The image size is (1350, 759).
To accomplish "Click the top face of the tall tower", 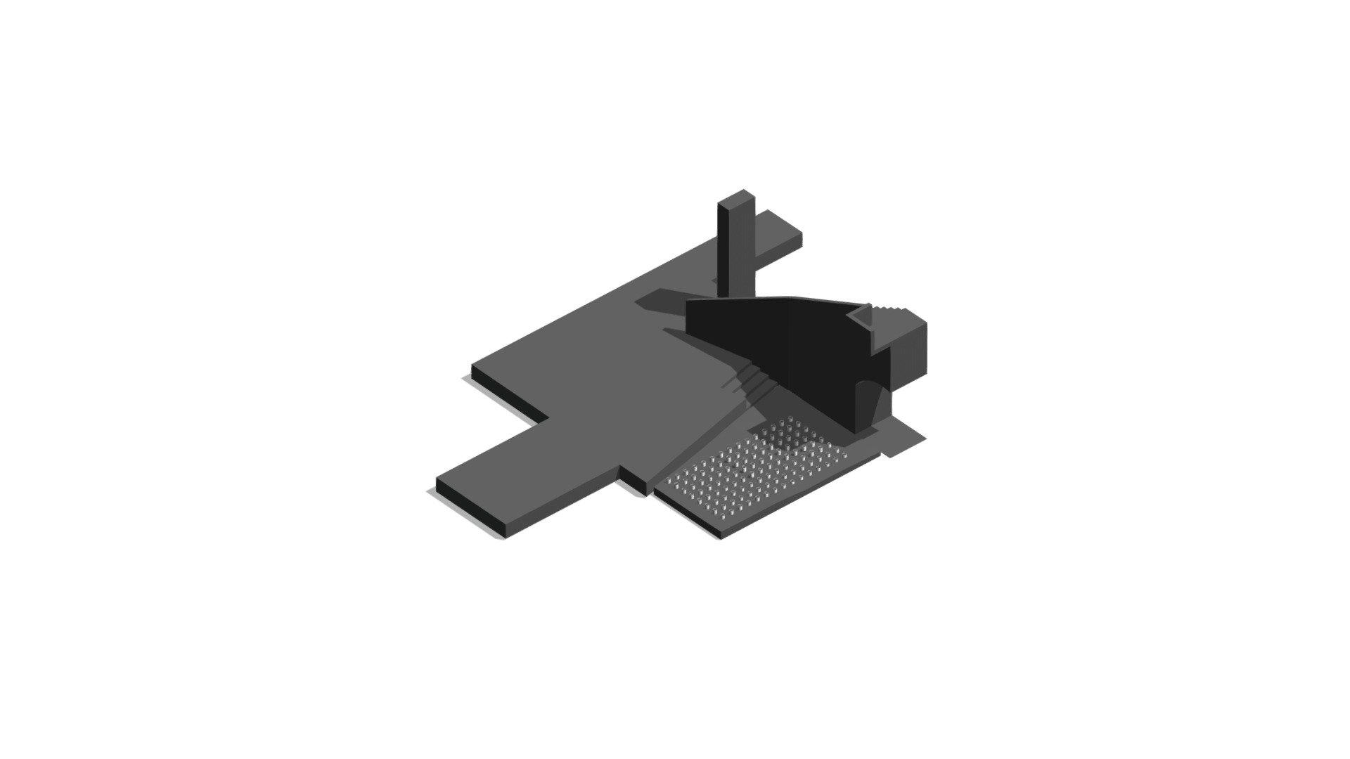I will click(x=736, y=198).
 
